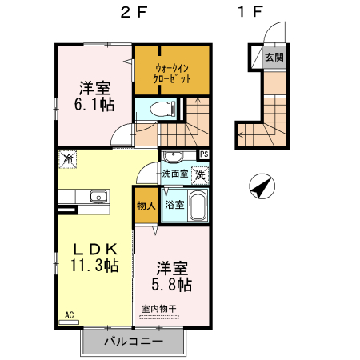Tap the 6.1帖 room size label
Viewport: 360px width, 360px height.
[x=94, y=103]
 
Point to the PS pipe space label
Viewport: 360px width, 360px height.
[x=205, y=154]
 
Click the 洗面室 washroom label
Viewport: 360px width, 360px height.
[x=174, y=173]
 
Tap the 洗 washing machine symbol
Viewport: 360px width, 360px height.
[x=200, y=174]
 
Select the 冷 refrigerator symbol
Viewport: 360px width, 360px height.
[x=69, y=158]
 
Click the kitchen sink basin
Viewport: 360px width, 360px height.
[x=99, y=196]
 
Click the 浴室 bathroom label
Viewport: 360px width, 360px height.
[x=174, y=204]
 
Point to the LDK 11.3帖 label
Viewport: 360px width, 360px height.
[x=93, y=257]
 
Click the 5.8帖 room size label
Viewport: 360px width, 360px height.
[x=173, y=276]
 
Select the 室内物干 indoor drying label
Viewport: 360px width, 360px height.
[x=158, y=309]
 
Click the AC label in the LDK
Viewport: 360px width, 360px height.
[x=69, y=316]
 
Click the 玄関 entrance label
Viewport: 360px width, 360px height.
[x=275, y=58]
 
